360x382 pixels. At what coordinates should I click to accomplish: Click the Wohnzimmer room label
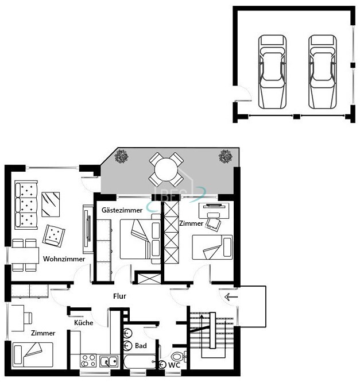64,258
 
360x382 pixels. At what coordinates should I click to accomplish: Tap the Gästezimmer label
122,210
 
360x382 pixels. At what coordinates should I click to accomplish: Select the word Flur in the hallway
119,296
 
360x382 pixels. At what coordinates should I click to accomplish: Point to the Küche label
84,323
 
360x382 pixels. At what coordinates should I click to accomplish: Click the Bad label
141,346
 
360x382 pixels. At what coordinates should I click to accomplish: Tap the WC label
174,365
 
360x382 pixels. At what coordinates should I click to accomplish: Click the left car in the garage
272,72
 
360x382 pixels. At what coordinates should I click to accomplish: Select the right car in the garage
323,72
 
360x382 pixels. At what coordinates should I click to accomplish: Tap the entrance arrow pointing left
231,297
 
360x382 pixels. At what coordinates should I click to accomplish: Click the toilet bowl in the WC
177,357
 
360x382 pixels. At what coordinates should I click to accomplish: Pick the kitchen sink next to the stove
109,361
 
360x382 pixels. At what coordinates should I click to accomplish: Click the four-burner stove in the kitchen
88,361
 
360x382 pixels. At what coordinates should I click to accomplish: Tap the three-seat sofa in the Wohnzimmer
26,205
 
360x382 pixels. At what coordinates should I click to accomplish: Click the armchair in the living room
53,236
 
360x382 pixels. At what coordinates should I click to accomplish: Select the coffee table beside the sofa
51,204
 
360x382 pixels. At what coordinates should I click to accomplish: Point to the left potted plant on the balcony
121,156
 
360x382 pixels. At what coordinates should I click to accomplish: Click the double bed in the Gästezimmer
141,239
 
